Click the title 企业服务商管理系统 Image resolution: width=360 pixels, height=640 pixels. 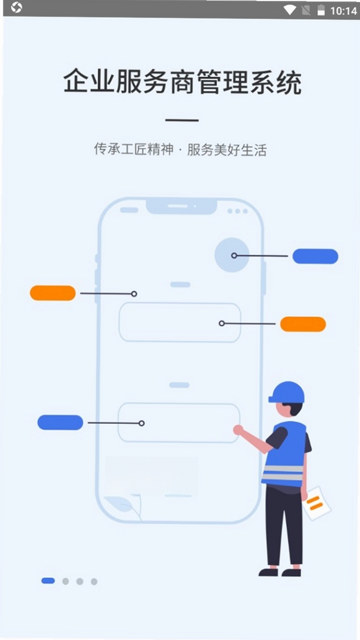click(x=182, y=82)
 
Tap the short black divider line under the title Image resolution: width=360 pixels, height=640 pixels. click(x=182, y=120)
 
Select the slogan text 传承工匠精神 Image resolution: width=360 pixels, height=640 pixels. click(x=134, y=149)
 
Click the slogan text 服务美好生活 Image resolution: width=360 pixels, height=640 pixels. click(x=227, y=150)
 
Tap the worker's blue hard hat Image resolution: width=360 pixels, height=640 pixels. click(x=287, y=393)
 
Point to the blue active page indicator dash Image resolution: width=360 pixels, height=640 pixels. click(x=48, y=581)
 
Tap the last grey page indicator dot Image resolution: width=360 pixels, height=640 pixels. click(x=94, y=582)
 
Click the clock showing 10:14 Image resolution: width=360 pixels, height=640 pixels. click(x=343, y=11)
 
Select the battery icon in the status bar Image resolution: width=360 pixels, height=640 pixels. click(x=321, y=10)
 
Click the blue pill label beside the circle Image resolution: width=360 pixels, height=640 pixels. click(x=315, y=256)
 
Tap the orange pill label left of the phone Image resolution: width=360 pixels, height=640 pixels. click(x=53, y=293)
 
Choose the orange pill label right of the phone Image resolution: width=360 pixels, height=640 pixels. click(x=303, y=324)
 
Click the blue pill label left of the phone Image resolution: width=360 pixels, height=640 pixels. click(x=60, y=422)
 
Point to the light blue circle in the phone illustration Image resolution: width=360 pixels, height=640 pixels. click(x=232, y=255)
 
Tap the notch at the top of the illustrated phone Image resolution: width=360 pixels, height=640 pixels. click(x=181, y=206)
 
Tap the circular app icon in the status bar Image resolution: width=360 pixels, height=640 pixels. click(x=16, y=8)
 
